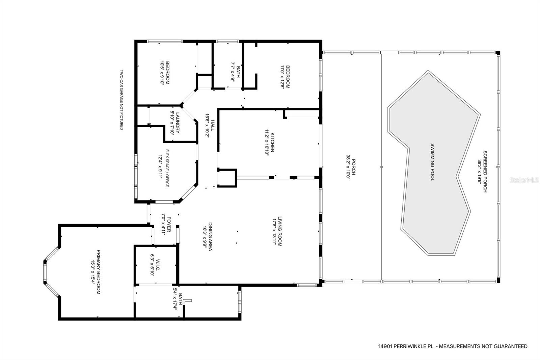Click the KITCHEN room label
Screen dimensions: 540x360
pyautogui.click(x=272, y=143)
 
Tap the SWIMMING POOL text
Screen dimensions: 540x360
pyautogui.click(x=432, y=162)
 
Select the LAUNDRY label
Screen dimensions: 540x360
pyautogui.click(x=178, y=123)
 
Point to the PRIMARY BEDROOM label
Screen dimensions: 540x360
pyautogui.click(x=98, y=272)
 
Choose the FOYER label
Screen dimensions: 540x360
pyautogui.click(x=169, y=224)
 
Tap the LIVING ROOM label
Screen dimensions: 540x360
pyautogui.click(x=280, y=231)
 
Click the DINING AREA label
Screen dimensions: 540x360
pyautogui.click(x=210, y=236)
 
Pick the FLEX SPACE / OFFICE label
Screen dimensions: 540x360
pyautogui.click(x=167, y=168)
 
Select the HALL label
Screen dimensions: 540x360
pyautogui.click(x=213, y=125)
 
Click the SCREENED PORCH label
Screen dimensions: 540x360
pyautogui.click(x=485, y=172)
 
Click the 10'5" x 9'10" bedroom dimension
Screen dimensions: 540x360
pyautogui.click(x=162, y=73)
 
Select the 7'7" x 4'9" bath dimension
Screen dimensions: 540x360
pyautogui.click(x=233, y=72)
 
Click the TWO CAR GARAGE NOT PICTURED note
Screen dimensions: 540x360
pyautogui.click(x=122, y=100)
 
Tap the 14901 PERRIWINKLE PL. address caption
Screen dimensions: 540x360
pyautogui.click(x=406, y=346)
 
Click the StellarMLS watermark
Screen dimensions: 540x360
pyautogui.click(x=524, y=180)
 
